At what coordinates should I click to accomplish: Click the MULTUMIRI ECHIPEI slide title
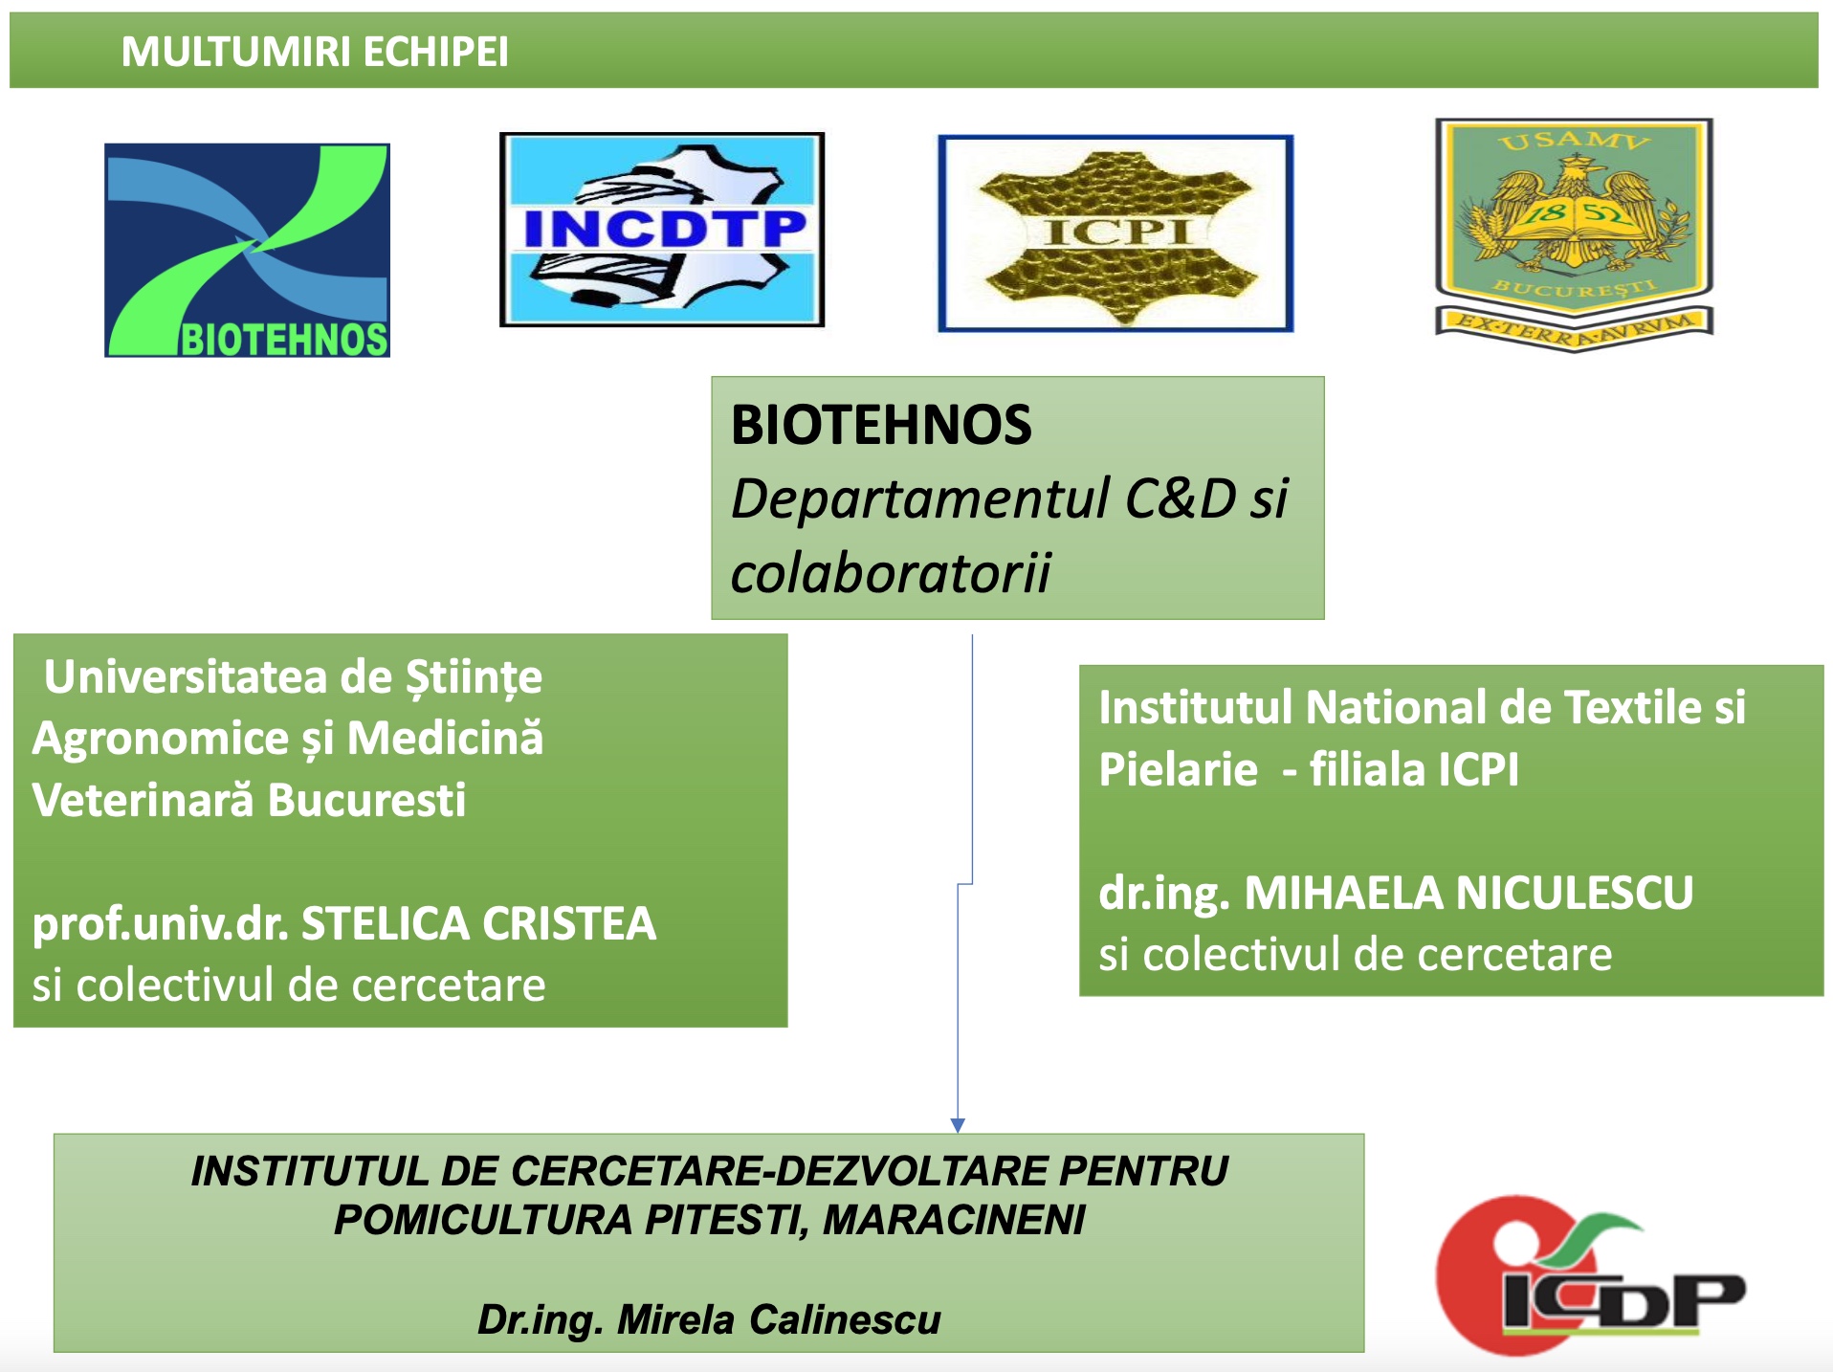pos(315,52)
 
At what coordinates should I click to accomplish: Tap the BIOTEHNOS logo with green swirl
pos(247,250)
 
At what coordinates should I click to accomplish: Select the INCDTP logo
pos(662,230)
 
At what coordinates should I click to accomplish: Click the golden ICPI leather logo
pos(1115,233)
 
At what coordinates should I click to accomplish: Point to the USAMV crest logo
pos(1574,234)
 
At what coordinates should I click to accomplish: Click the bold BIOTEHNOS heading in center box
pos(881,425)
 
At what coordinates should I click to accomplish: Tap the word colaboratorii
pos(891,573)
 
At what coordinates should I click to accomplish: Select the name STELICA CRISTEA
pos(479,923)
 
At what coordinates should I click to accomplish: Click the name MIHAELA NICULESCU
pos(1469,893)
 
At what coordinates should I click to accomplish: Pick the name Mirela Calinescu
pos(779,1319)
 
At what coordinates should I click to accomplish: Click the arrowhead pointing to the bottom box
pos(958,1125)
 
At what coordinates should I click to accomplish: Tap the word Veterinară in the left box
pos(144,800)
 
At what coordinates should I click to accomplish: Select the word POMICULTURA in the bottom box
pos(483,1220)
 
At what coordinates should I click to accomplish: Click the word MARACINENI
pos(954,1220)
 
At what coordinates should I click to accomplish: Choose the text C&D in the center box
pos(1180,498)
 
